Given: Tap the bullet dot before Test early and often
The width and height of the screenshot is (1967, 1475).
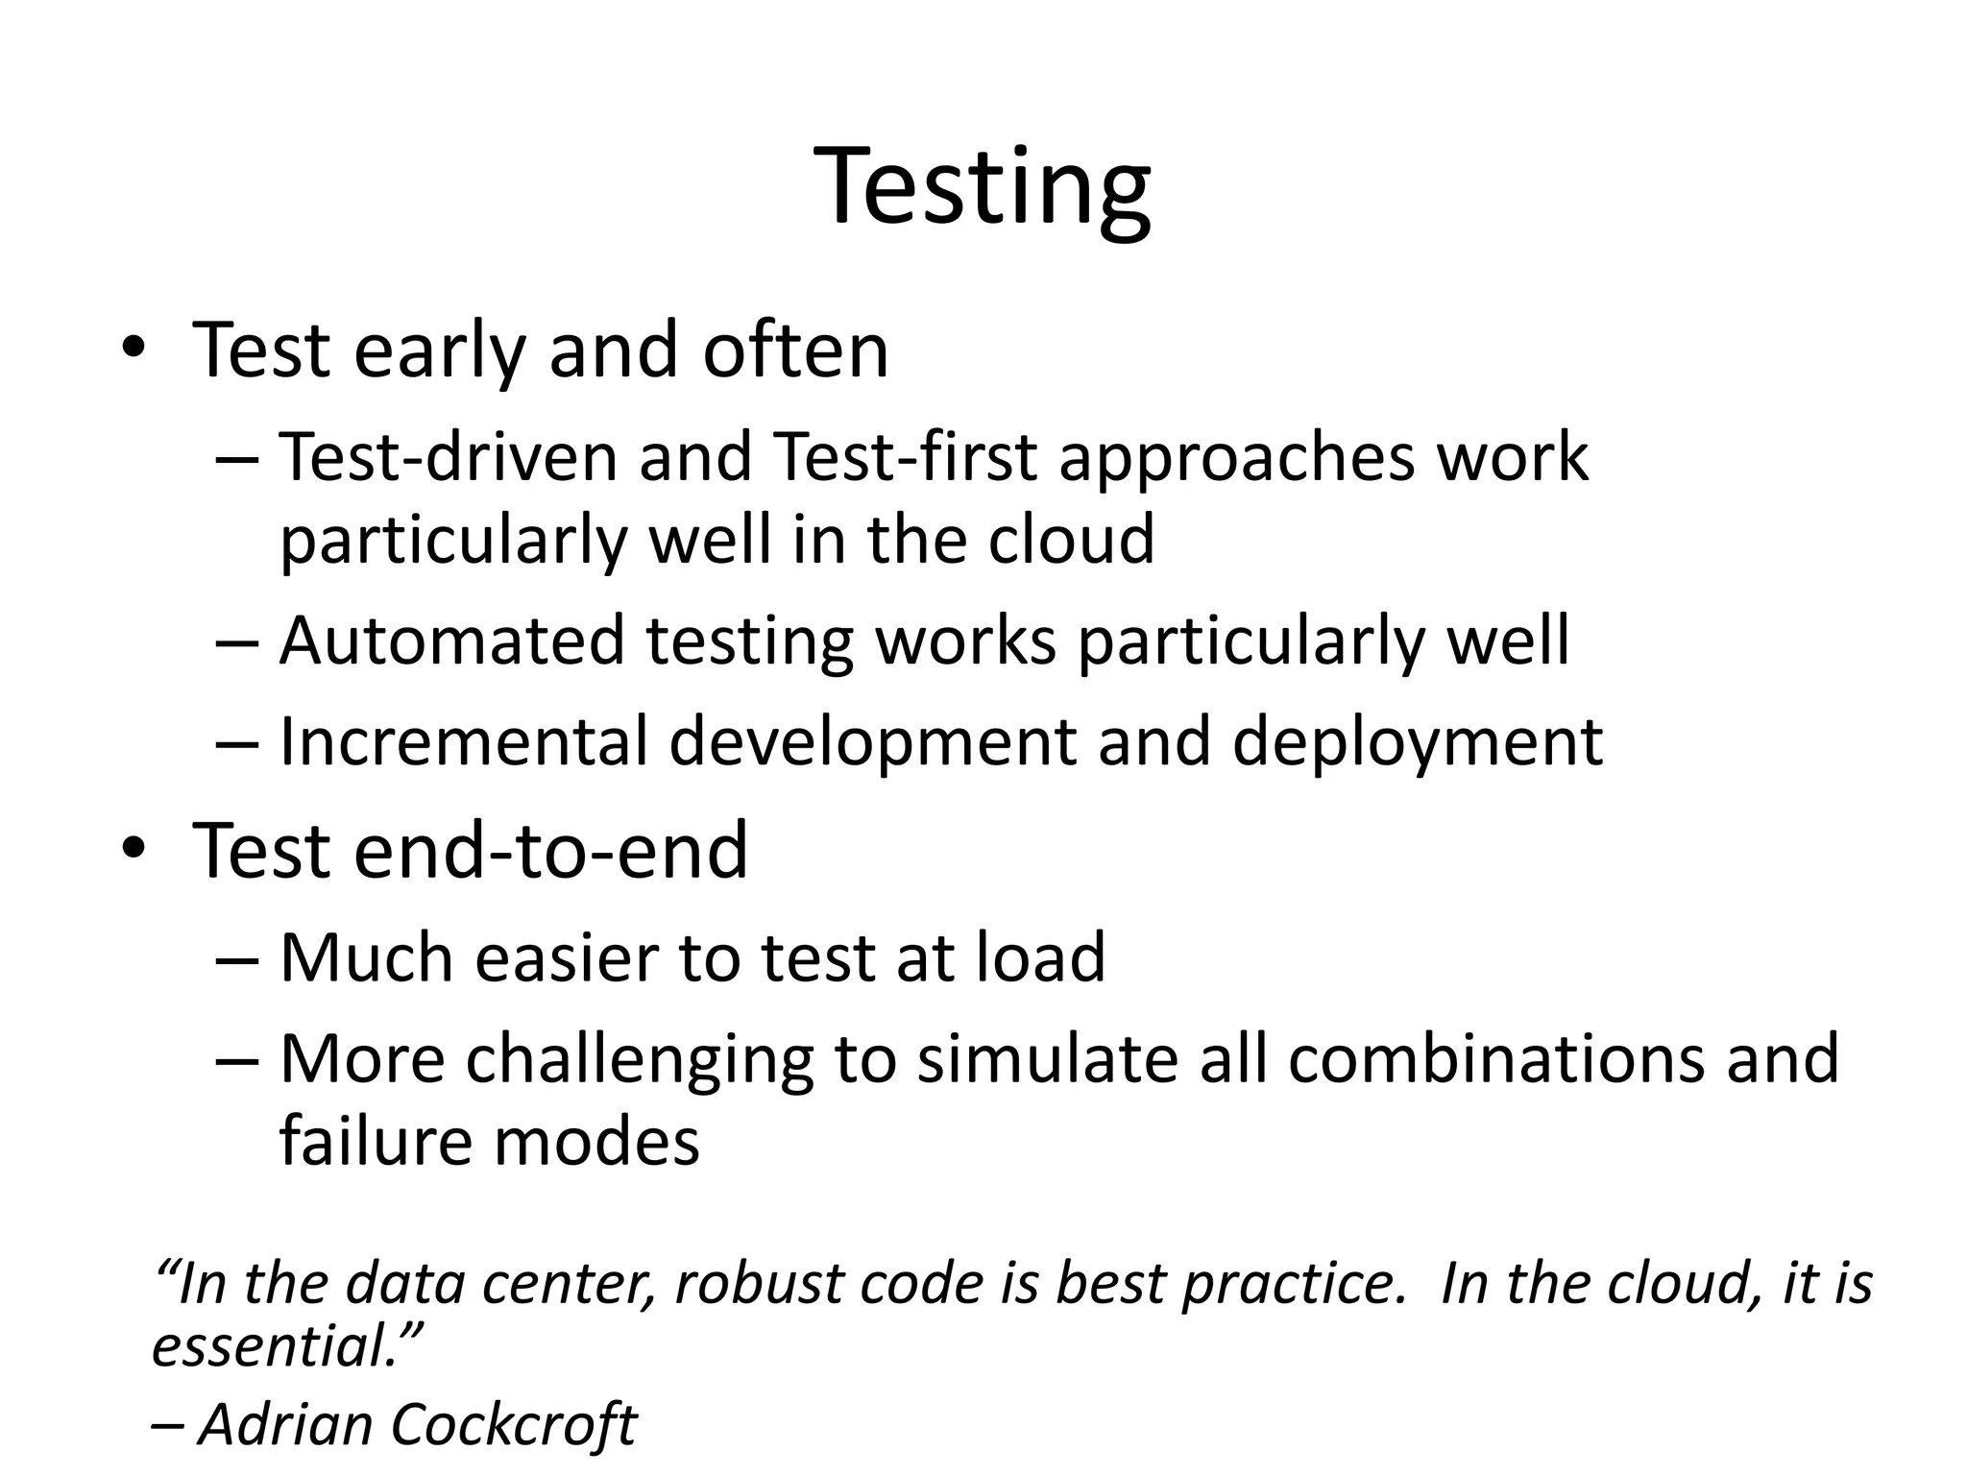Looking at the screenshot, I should click(133, 351).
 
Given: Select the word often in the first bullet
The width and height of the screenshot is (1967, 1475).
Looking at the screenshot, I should click(795, 351).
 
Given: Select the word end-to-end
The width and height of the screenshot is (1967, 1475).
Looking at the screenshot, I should click(550, 851).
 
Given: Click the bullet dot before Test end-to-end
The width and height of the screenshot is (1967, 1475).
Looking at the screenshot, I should click(133, 849).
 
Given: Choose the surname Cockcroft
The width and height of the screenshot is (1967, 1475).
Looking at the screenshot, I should click(514, 1424).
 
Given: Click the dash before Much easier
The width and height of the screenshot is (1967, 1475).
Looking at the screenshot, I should click(237, 958).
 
